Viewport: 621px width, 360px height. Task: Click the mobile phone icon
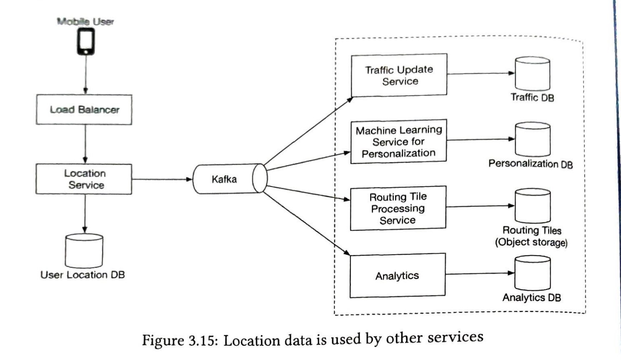click(x=85, y=42)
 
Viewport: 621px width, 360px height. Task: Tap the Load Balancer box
click(x=84, y=110)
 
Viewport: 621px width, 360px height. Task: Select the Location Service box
click(x=84, y=179)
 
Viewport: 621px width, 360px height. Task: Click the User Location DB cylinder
click(x=84, y=251)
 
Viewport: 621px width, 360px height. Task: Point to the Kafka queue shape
click(x=229, y=179)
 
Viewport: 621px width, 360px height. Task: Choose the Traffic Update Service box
click(x=399, y=75)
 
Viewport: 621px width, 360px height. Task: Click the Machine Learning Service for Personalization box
click(x=398, y=142)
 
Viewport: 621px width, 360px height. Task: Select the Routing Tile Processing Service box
click(x=398, y=208)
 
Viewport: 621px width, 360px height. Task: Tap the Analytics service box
click(x=397, y=275)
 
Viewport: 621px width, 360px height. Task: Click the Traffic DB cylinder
click(x=532, y=74)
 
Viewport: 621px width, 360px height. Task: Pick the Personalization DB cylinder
click(x=532, y=140)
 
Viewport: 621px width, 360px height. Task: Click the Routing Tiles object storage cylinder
click(x=532, y=206)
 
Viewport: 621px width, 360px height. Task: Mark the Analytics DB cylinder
click(x=532, y=273)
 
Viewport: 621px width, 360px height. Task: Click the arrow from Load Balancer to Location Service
click(x=85, y=144)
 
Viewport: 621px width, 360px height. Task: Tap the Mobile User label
click(x=85, y=22)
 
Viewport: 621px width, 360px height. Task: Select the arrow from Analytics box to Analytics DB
click(x=479, y=274)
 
